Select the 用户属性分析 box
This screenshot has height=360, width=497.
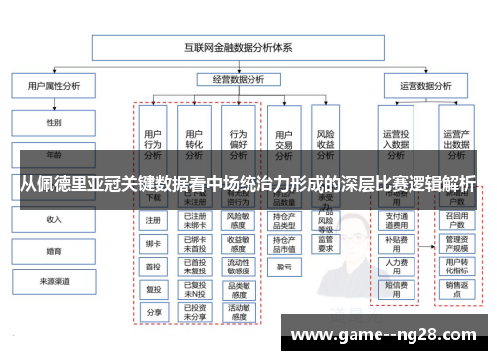[x=53, y=87]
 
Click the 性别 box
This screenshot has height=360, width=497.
[x=53, y=123]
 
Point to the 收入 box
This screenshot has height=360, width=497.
[x=53, y=219]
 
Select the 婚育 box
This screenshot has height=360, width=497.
[x=53, y=251]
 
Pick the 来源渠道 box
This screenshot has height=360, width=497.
[x=53, y=282]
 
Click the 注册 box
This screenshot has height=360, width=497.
[x=154, y=220]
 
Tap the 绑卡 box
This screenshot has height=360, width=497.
[x=154, y=243]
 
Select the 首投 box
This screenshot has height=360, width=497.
[x=154, y=266]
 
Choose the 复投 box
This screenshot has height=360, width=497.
[x=154, y=289]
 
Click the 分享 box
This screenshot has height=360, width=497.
[x=154, y=312]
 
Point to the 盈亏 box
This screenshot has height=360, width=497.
[x=283, y=266]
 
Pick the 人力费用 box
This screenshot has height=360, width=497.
[x=396, y=265]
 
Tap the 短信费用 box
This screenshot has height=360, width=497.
[x=396, y=288]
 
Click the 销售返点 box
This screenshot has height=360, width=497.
[x=456, y=288]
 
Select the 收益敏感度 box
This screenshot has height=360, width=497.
[x=238, y=242]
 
